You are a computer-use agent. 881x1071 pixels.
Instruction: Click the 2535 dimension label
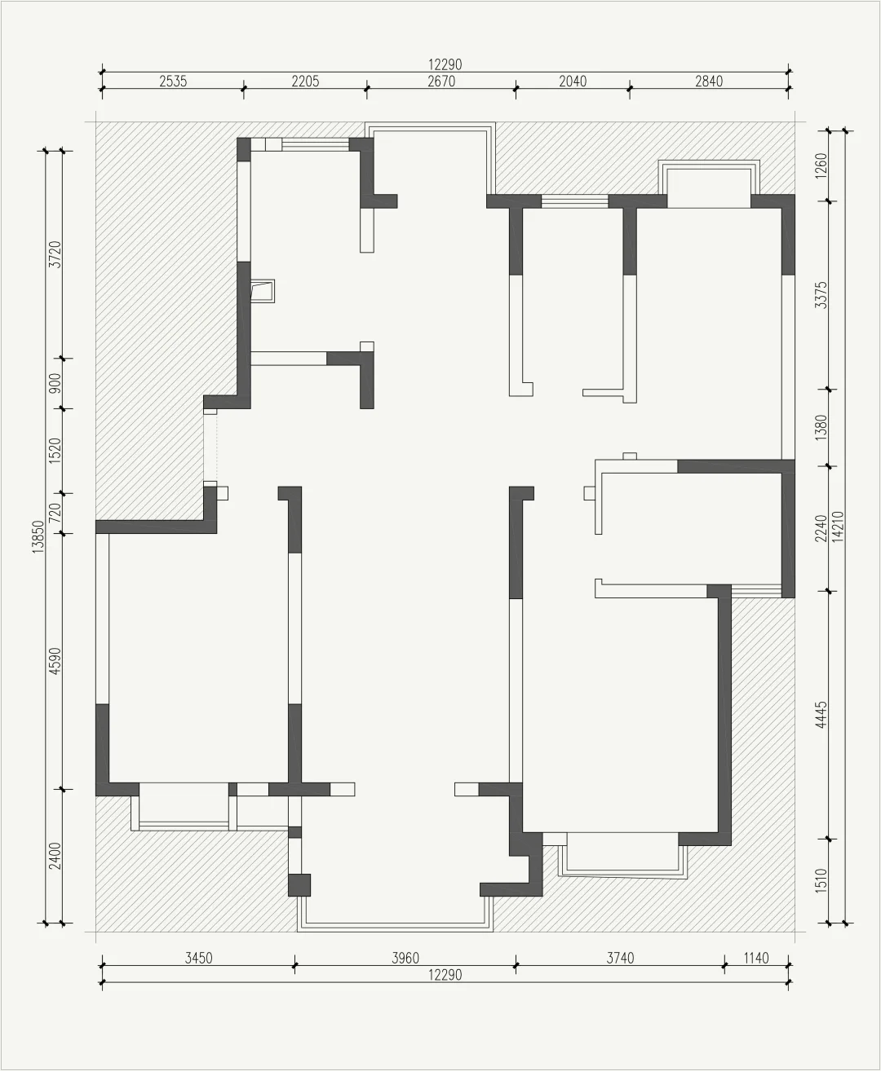tap(174, 82)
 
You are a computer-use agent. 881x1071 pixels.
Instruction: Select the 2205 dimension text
tap(306, 82)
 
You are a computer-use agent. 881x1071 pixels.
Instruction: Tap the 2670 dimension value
tap(441, 82)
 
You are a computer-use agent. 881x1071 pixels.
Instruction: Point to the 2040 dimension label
tap(573, 82)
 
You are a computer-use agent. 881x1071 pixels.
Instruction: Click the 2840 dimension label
tap(709, 82)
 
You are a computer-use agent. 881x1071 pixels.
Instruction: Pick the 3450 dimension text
tap(198, 959)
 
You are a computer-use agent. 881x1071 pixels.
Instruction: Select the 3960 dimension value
tap(405, 959)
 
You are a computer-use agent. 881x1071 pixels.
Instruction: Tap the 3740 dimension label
tap(620, 959)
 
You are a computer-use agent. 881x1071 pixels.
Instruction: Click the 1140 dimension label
tap(756, 959)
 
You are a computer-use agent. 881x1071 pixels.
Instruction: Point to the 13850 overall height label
tap(38, 537)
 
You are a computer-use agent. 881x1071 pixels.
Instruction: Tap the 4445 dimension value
tap(821, 715)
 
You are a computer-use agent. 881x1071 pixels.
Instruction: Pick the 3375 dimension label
tap(821, 295)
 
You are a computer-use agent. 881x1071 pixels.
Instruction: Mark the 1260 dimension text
tap(821, 165)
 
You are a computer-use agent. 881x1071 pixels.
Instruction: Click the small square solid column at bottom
tap(299, 885)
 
